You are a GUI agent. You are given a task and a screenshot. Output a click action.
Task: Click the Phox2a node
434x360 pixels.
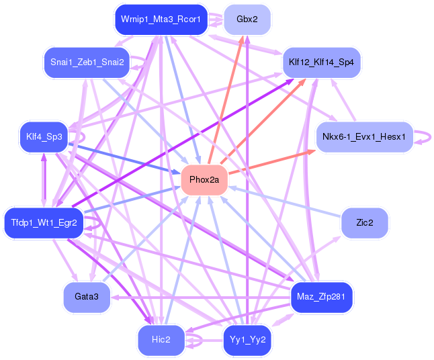pos(205,180)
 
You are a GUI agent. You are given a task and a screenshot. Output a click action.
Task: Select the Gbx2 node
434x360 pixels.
pos(247,19)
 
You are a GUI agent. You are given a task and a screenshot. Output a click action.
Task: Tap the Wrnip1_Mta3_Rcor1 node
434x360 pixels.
pos(160,19)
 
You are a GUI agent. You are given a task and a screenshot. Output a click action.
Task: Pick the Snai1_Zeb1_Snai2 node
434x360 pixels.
pos(87,62)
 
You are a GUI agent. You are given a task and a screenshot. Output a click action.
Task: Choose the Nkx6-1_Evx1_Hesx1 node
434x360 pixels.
pos(363,137)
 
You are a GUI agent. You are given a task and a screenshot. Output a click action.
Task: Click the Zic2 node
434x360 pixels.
pos(365,222)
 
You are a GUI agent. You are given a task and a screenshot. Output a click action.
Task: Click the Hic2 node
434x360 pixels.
pos(161,340)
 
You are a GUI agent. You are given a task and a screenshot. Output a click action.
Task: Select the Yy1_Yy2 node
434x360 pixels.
pos(248,340)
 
